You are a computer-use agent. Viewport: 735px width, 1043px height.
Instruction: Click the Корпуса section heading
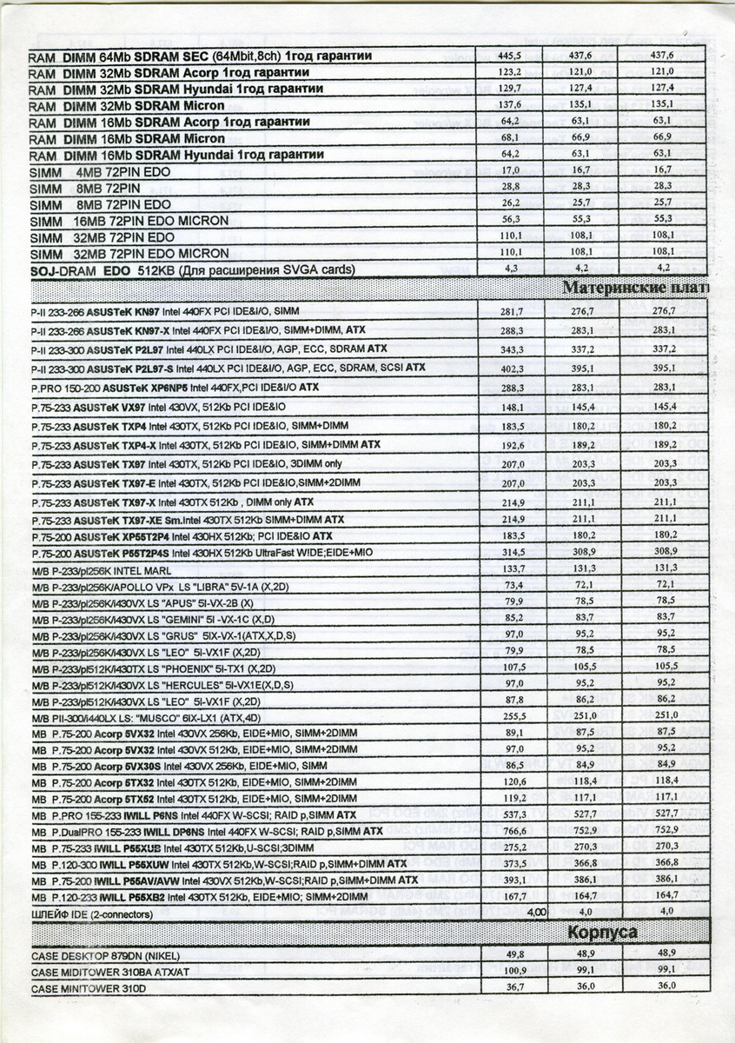(603, 932)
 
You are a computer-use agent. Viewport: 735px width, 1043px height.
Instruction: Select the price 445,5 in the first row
(511, 55)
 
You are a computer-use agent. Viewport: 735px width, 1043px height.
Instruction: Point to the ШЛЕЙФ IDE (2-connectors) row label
(92, 914)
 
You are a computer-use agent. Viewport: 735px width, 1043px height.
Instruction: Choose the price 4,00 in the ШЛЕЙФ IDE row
(533, 912)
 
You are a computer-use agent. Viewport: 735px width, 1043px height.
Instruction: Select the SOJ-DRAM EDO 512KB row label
(192, 270)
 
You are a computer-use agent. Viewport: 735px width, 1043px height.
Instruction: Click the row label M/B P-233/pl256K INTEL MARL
(102, 569)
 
